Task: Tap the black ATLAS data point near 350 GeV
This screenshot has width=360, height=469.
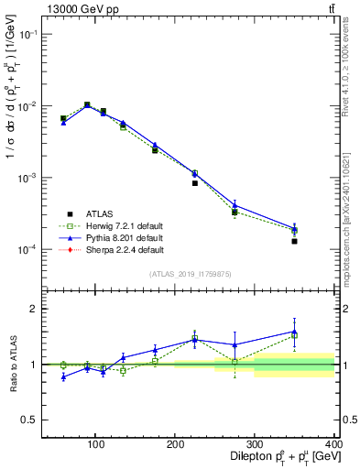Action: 294,241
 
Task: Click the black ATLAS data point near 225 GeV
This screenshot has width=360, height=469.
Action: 195,183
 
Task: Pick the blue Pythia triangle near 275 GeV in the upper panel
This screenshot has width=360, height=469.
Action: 235,205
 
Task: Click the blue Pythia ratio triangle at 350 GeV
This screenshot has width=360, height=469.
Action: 294,332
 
